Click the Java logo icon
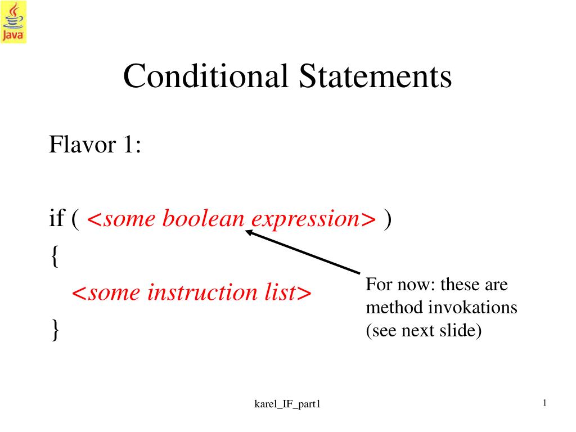pos(13,22)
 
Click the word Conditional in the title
pos(206,76)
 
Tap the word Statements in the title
pos(375,76)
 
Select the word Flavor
pos(83,144)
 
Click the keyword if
pos(57,218)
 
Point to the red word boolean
pos(203,218)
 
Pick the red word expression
pos(305,220)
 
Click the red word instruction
pos(202,292)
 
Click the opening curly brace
pos(55,256)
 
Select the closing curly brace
pos(55,330)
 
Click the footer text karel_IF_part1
pos(287,404)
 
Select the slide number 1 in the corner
pos(544,403)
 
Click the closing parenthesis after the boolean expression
pos(388,219)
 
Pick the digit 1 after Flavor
pos(128,144)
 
